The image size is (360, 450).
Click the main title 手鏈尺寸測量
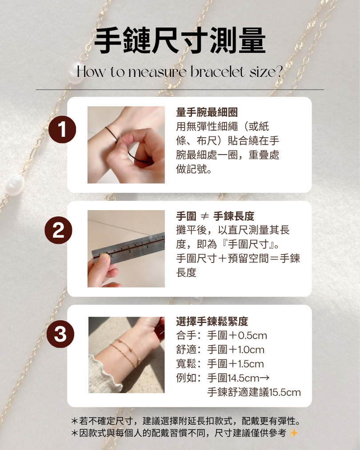(180, 41)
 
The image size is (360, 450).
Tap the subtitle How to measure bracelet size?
(180, 72)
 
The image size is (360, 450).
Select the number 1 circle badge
(62, 129)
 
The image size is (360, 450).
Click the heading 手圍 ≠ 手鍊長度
(215, 216)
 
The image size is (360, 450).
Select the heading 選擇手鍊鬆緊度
(212, 321)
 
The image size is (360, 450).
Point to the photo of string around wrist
(126, 145)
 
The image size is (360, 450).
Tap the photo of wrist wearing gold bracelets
(126, 354)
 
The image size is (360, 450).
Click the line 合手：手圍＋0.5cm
(221, 335)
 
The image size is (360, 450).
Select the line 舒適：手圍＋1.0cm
(220, 350)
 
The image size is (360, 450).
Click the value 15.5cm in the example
(285, 392)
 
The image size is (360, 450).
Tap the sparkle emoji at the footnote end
(293, 433)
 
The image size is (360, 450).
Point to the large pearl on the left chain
(15, 183)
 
